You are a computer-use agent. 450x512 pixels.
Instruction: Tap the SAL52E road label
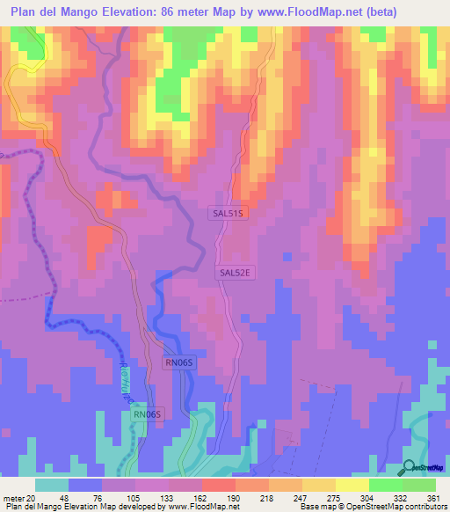tap(236, 274)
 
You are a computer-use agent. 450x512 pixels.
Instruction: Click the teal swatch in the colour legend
tap(52, 485)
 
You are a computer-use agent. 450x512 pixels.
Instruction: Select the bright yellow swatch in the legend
tap(352, 485)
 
